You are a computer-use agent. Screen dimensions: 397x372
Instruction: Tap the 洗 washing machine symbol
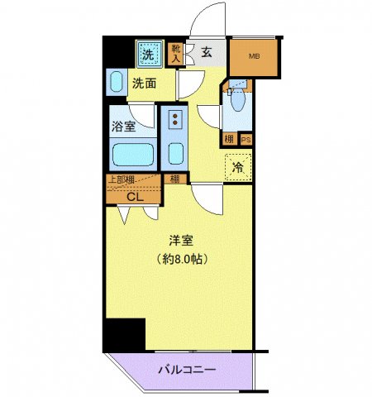(149, 55)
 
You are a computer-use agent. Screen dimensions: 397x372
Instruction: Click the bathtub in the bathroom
(131, 155)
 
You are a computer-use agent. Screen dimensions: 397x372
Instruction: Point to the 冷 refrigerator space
(238, 167)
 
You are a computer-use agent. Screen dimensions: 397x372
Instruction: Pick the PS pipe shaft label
(246, 140)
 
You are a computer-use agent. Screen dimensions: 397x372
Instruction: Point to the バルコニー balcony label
(186, 370)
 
